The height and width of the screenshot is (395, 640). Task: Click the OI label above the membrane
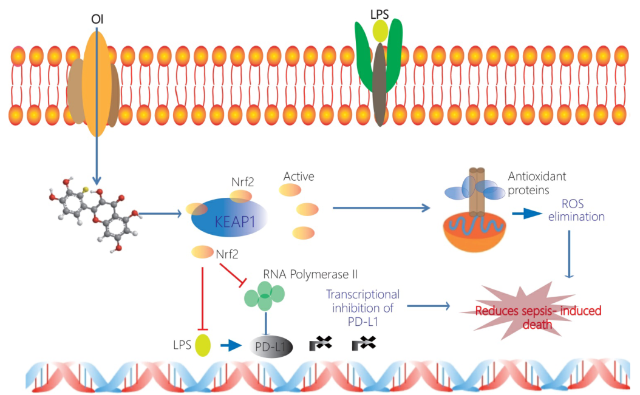coord(97,19)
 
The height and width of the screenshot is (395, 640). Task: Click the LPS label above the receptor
coord(380,15)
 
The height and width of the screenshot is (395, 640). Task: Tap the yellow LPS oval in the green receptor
coord(380,31)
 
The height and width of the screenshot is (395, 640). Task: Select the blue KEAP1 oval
coord(230,218)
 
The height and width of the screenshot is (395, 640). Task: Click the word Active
coord(299,177)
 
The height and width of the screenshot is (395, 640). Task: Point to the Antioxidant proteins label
coord(537,183)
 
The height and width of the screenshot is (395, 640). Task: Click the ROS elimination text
coord(576,210)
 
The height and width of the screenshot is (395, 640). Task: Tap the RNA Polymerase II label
coord(310,274)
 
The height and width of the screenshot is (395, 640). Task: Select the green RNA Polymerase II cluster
coord(265,296)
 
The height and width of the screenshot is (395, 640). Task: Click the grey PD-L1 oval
coord(271,347)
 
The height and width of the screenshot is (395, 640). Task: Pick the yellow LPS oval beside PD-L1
coord(203,345)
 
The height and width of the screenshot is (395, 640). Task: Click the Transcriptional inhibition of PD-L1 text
coord(363,308)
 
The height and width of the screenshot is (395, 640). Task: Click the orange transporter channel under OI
coord(97,84)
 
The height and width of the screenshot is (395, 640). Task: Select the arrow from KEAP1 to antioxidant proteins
coord(381,208)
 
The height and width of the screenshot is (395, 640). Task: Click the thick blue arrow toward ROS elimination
coord(527,214)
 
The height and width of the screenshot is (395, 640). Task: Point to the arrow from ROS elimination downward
coord(570,254)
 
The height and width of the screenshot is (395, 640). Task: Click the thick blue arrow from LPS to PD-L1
coord(231,346)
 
